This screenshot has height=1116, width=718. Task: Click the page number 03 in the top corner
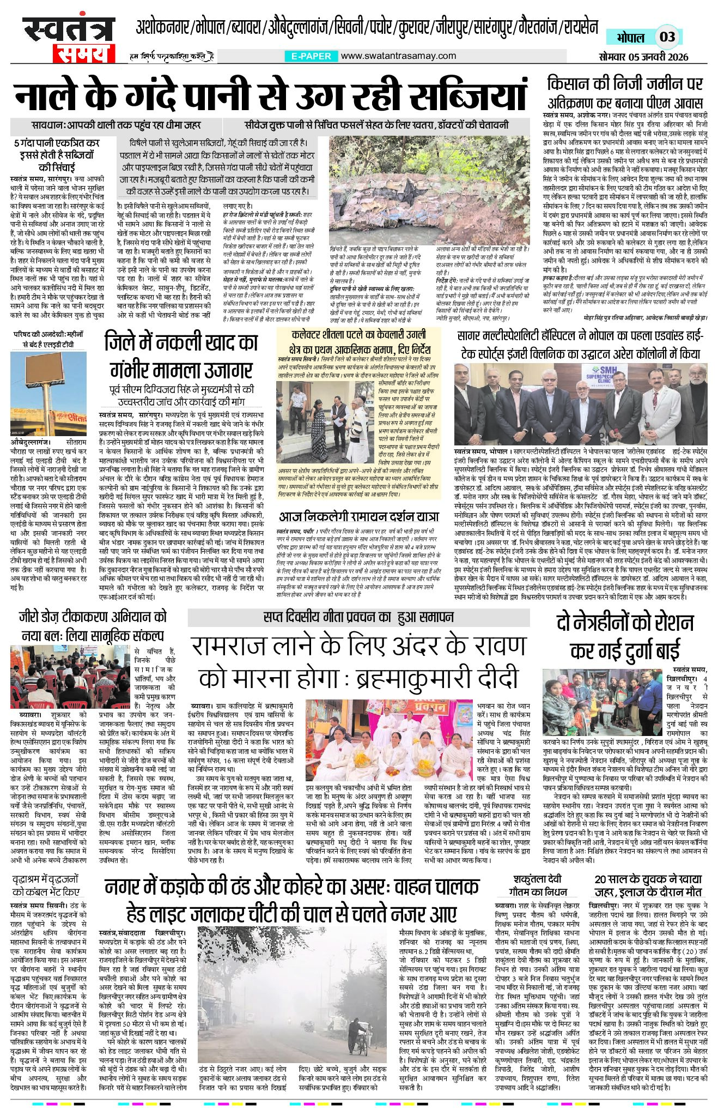(x=667, y=37)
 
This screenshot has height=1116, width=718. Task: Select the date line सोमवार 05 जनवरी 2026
(x=643, y=57)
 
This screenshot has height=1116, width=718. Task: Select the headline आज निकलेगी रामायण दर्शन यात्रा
(x=358, y=515)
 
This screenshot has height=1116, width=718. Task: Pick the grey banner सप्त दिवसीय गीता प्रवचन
(x=358, y=617)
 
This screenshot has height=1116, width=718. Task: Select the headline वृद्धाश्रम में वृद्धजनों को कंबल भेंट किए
(x=46, y=885)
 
